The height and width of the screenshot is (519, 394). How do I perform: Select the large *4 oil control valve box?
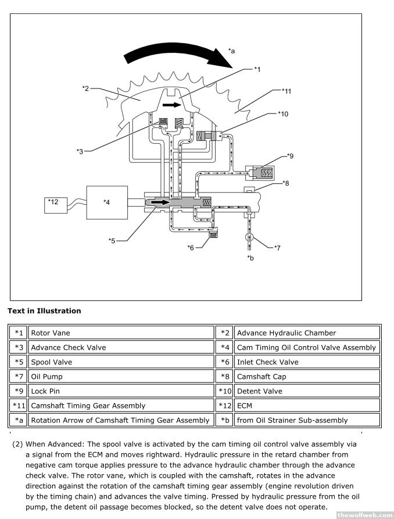point(107,202)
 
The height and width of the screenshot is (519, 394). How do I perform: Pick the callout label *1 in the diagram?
point(257,69)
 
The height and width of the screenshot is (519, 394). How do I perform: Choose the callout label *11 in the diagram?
point(286,91)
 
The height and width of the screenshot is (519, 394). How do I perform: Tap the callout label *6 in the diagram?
point(191,248)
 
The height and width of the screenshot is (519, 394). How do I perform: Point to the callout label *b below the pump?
point(250,257)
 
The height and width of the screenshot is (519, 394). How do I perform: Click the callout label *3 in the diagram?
point(80,151)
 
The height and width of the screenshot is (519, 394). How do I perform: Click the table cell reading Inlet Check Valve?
point(307,362)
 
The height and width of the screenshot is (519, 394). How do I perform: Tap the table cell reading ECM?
point(307,406)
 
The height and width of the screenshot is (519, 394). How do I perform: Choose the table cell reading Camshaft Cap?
point(307,376)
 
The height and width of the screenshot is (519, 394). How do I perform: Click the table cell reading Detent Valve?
point(307,391)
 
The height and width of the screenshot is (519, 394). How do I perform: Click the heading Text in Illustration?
point(44,311)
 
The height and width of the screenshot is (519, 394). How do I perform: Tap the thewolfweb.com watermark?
point(364,514)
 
